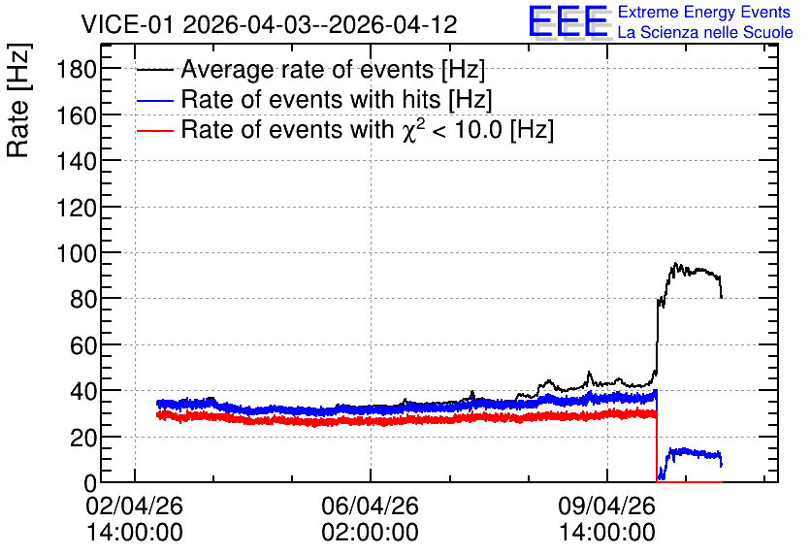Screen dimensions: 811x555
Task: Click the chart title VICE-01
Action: coord(128,24)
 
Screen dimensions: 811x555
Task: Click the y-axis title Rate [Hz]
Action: coord(18,100)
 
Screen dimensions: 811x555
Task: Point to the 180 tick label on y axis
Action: coord(77,69)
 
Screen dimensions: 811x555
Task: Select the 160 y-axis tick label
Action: coord(77,115)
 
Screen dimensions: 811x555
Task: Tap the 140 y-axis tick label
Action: coord(77,161)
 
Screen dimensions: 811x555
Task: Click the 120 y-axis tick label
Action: coord(77,208)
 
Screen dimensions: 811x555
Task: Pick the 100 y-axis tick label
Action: coord(77,253)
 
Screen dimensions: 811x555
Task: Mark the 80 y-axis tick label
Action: coord(83,300)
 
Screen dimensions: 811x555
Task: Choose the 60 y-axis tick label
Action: coord(83,345)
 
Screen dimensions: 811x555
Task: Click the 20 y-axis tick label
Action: coord(83,438)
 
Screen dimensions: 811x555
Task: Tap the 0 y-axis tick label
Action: coord(90,483)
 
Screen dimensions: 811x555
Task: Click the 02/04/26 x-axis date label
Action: coord(135,506)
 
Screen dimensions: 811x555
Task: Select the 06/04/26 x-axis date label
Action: coord(371,506)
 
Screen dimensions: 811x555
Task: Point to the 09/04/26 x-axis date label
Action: coord(606,506)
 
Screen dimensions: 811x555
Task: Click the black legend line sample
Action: coord(155,70)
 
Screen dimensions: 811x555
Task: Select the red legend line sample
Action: coord(155,130)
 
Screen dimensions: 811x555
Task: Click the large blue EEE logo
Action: coord(568,21)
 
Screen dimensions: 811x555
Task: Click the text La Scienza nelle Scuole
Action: coord(705,33)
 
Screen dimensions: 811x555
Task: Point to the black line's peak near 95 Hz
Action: coord(675,263)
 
